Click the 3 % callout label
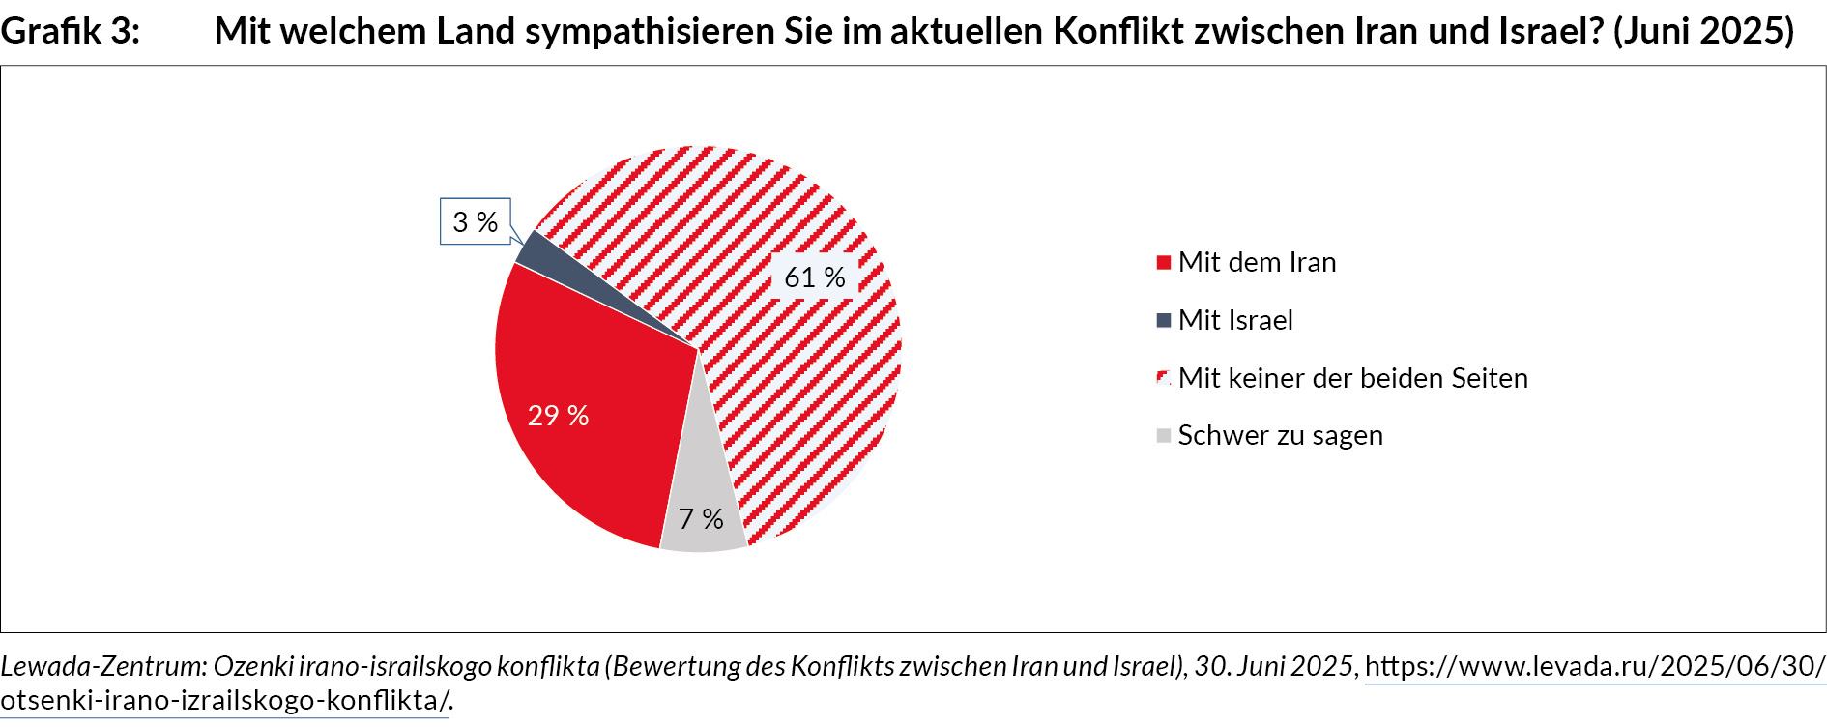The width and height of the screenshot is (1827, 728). point(476,222)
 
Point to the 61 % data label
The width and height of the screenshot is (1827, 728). point(814,277)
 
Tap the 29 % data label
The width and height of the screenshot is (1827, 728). point(558,416)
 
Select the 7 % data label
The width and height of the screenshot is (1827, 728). point(701,519)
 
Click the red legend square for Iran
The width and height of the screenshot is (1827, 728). point(1164,262)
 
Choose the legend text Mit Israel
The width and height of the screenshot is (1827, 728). point(1235,320)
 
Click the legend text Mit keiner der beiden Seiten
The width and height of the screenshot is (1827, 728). point(1352,378)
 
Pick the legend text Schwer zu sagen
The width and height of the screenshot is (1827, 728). point(1280,435)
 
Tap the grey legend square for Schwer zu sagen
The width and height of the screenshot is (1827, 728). point(1164,435)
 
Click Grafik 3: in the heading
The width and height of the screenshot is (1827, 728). point(70,31)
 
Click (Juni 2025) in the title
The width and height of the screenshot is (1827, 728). point(1703,31)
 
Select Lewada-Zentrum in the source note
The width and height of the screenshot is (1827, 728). point(102,666)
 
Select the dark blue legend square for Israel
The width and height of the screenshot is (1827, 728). point(1164,320)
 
